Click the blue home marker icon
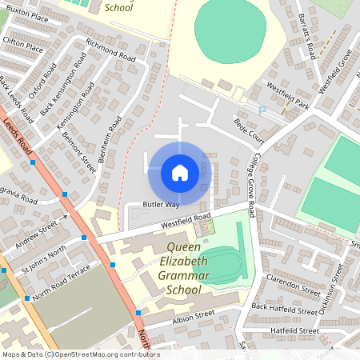[x=180, y=172]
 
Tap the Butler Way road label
[x=161, y=205]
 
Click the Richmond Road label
[x=110, y=50]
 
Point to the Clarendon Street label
[x=297, y=284]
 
